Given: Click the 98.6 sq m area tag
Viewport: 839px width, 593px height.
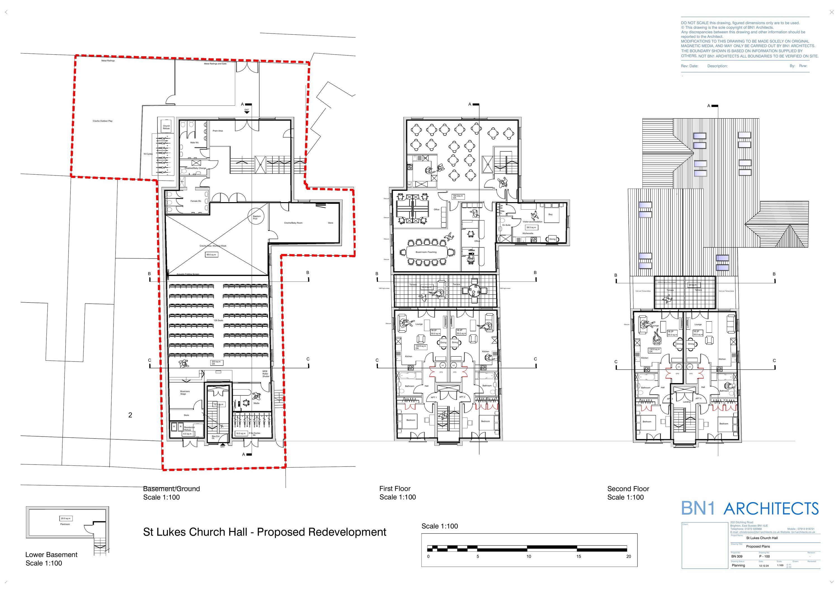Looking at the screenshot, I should (x=211, y=254).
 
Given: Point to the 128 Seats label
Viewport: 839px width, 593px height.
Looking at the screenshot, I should (x=218, y=320).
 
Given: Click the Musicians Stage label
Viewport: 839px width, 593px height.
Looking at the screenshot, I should (x=185, y=393).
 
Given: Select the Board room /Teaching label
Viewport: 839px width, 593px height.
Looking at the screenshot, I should (x=426, y=252).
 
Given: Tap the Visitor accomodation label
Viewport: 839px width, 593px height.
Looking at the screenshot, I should (x=532, y=222).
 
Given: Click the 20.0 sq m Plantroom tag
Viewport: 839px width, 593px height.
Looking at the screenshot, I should (x=66, y=518).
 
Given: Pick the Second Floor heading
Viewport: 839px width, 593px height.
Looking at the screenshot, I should (x=628, y=489).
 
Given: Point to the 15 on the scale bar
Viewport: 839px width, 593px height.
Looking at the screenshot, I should (x=578, y=556).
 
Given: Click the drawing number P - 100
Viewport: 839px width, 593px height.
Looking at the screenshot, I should (x=764, y=556).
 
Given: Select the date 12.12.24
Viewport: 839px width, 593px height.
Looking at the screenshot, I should (x=764, y=566).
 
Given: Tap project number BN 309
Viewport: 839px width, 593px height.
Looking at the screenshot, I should (x=737, y=556).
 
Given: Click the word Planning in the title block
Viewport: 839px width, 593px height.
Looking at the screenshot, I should (x=738, y=565).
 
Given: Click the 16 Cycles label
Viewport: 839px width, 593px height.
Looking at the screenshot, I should (x=148, y=154).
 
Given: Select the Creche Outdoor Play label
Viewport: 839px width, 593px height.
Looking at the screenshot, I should (x=102, y=121).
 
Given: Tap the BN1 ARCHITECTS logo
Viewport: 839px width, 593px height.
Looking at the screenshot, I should (x=750, y=508).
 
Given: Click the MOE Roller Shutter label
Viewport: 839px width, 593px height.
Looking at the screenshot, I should (x=266, y=374).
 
